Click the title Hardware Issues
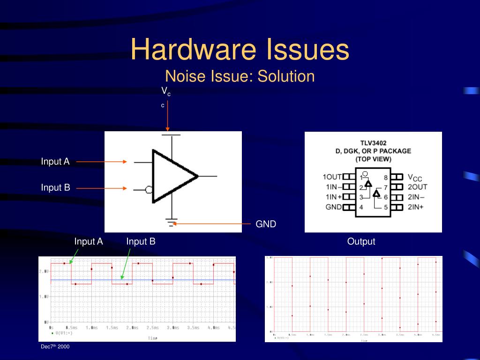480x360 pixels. coord(240,50)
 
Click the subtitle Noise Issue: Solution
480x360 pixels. coord(240,76)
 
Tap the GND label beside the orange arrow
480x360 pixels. coord(266,224)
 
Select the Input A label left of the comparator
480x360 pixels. coord(55,162)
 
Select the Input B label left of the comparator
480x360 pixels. coord(55,188)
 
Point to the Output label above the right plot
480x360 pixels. coord(361,242)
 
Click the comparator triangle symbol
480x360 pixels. coord(171,176)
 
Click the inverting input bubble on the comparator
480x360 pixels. coord(149,189)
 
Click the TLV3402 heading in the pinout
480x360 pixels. coord(373,143)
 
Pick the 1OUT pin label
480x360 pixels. coord(332,177)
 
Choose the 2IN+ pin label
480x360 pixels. coord(415,207)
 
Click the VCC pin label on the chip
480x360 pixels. coord(415,177)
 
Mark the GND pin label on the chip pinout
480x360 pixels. coord(334,207)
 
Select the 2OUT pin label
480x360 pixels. coord(417,187)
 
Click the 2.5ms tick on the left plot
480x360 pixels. coord(152,328)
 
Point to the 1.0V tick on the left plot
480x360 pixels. coord(44,296)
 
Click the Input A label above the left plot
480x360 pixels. coord(89,242)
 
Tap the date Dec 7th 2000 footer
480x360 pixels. coord(55,346)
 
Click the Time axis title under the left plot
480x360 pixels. coord(153,337)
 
